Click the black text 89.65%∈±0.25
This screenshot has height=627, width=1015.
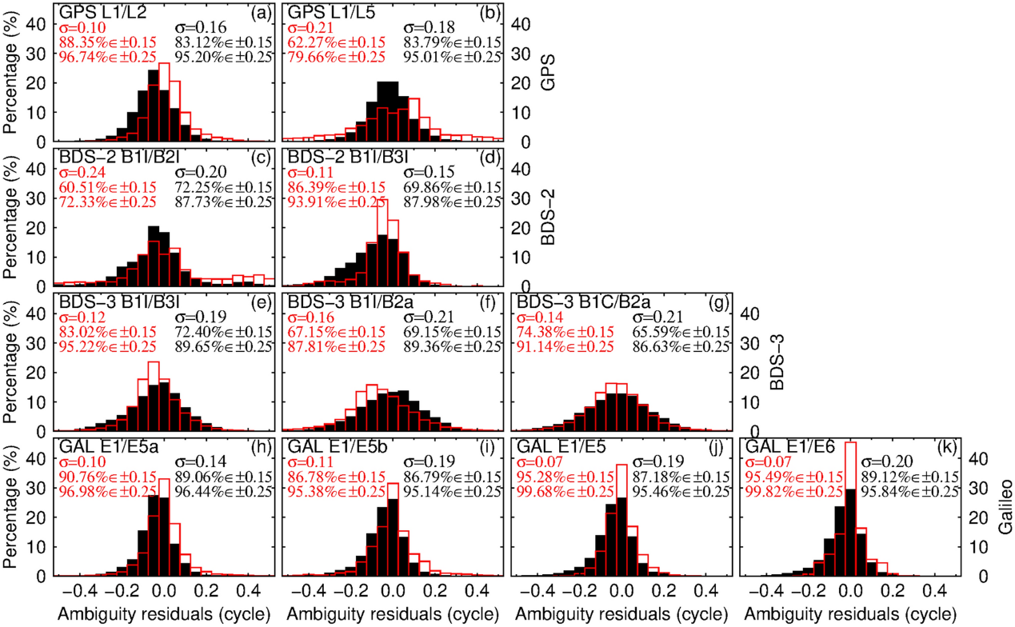click(x=225, y=346)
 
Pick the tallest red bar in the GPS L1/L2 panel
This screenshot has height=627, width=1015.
click(x=164, y=102)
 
